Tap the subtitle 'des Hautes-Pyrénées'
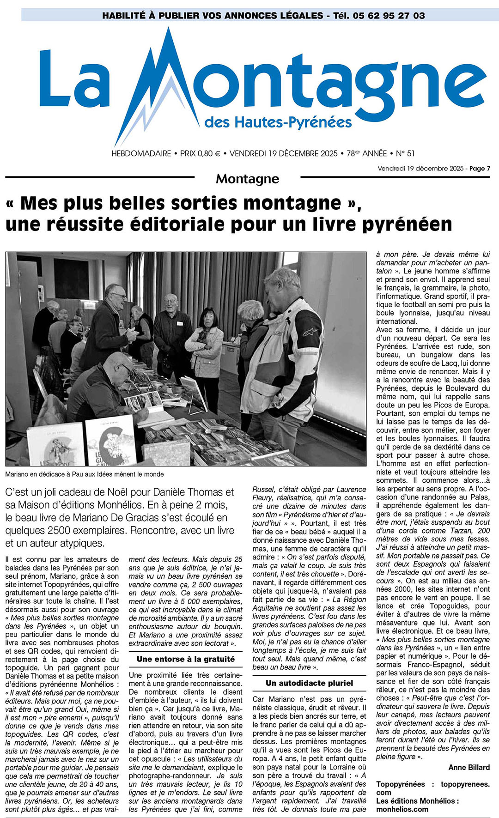click(278, 122)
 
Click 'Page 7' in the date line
click(480, 169)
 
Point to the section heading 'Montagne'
click(247, 179)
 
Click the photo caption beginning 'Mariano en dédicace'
click(85, 474)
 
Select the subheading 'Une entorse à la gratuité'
click(185, 659)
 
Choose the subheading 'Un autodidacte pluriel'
click(309, 683)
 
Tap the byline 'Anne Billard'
click(469, 767)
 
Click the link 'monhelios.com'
click(402, 809)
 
